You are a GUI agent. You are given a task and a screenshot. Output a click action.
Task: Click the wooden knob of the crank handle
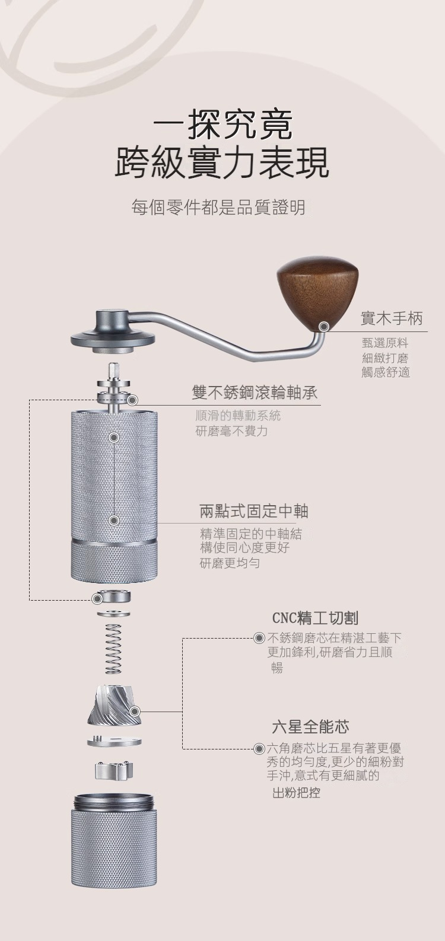click(317, 292)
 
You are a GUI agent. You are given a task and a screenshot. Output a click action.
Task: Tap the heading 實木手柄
click(392, 318)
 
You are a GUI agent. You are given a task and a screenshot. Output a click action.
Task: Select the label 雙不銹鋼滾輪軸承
click(254, 393)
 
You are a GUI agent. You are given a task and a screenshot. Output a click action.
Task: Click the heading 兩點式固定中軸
click(254, 511)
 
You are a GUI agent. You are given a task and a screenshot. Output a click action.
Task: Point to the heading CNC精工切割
click(315, 618)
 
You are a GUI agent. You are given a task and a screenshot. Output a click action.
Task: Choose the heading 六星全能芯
click(310, 726)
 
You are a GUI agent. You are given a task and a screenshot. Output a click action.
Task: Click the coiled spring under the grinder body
click(113, 649)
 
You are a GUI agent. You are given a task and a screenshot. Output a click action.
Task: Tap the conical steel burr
click(114, 706)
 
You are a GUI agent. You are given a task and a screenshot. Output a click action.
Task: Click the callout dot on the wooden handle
click(323, 326)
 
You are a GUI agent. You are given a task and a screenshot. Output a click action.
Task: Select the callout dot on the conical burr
click(135, 712)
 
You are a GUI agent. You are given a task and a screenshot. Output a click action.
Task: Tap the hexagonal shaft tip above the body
click(113, 371)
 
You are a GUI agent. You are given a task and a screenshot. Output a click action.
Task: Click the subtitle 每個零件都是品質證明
click(218, 207)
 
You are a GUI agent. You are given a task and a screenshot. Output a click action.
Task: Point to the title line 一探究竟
click(223, 125)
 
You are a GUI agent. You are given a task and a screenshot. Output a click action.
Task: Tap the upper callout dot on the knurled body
click(113, 438)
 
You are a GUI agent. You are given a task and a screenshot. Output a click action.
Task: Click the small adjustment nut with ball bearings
click(114, 770)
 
